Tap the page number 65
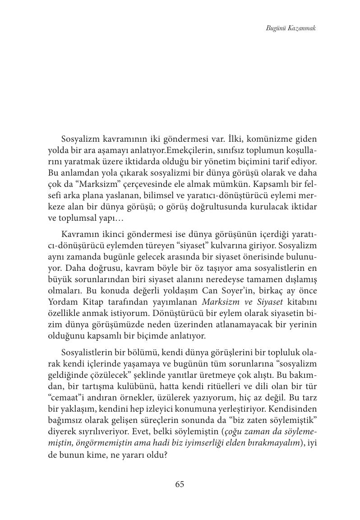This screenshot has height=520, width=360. pos(180,484)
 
